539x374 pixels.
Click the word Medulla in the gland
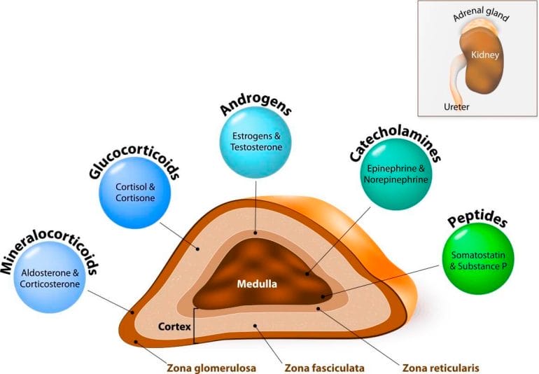point(257,284)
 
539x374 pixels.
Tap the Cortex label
point(174,326)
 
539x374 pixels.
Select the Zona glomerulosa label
point(211,368)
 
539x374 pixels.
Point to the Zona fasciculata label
point(325,368)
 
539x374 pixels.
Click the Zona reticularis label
point(441,368)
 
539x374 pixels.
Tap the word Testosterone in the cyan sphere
point(256,147)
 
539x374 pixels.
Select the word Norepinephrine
point(396,179)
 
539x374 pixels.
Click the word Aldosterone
point(46,273)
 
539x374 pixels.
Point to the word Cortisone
point(135,198)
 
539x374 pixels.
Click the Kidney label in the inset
point(485,55)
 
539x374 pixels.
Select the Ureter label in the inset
point(456,107)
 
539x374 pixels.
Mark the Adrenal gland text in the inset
point(481,14)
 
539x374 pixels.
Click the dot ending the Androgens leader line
point(255,233)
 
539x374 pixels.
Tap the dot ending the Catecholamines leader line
point(307,274)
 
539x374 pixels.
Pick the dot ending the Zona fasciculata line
point(255,326)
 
